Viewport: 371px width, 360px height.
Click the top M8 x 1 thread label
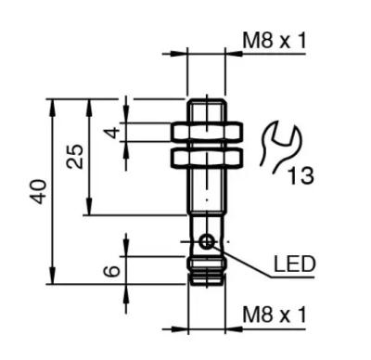click(x=275, y=41)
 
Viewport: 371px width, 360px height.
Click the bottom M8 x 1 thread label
click(x=275, y=315)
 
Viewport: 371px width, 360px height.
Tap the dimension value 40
click(x=40, y=191)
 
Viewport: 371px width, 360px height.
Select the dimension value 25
click(x=75, y=157)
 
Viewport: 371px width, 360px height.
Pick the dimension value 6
click(x=112, y=271)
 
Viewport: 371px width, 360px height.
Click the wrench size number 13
click(x=301, y=175)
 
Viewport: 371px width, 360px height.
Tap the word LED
click(x=294, y=264)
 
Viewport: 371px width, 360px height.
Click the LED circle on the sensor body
click(x=207, y=241)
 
